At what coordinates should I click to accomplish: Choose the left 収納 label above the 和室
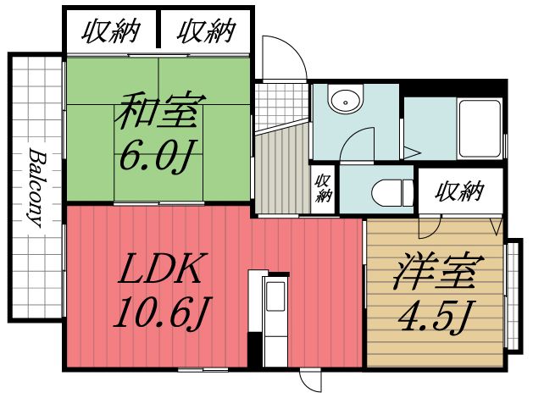[110, 32]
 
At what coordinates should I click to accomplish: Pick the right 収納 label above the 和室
[205, 32]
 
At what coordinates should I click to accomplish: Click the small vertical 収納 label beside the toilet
[323, 187]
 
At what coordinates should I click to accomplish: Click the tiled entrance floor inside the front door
[280, 102]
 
